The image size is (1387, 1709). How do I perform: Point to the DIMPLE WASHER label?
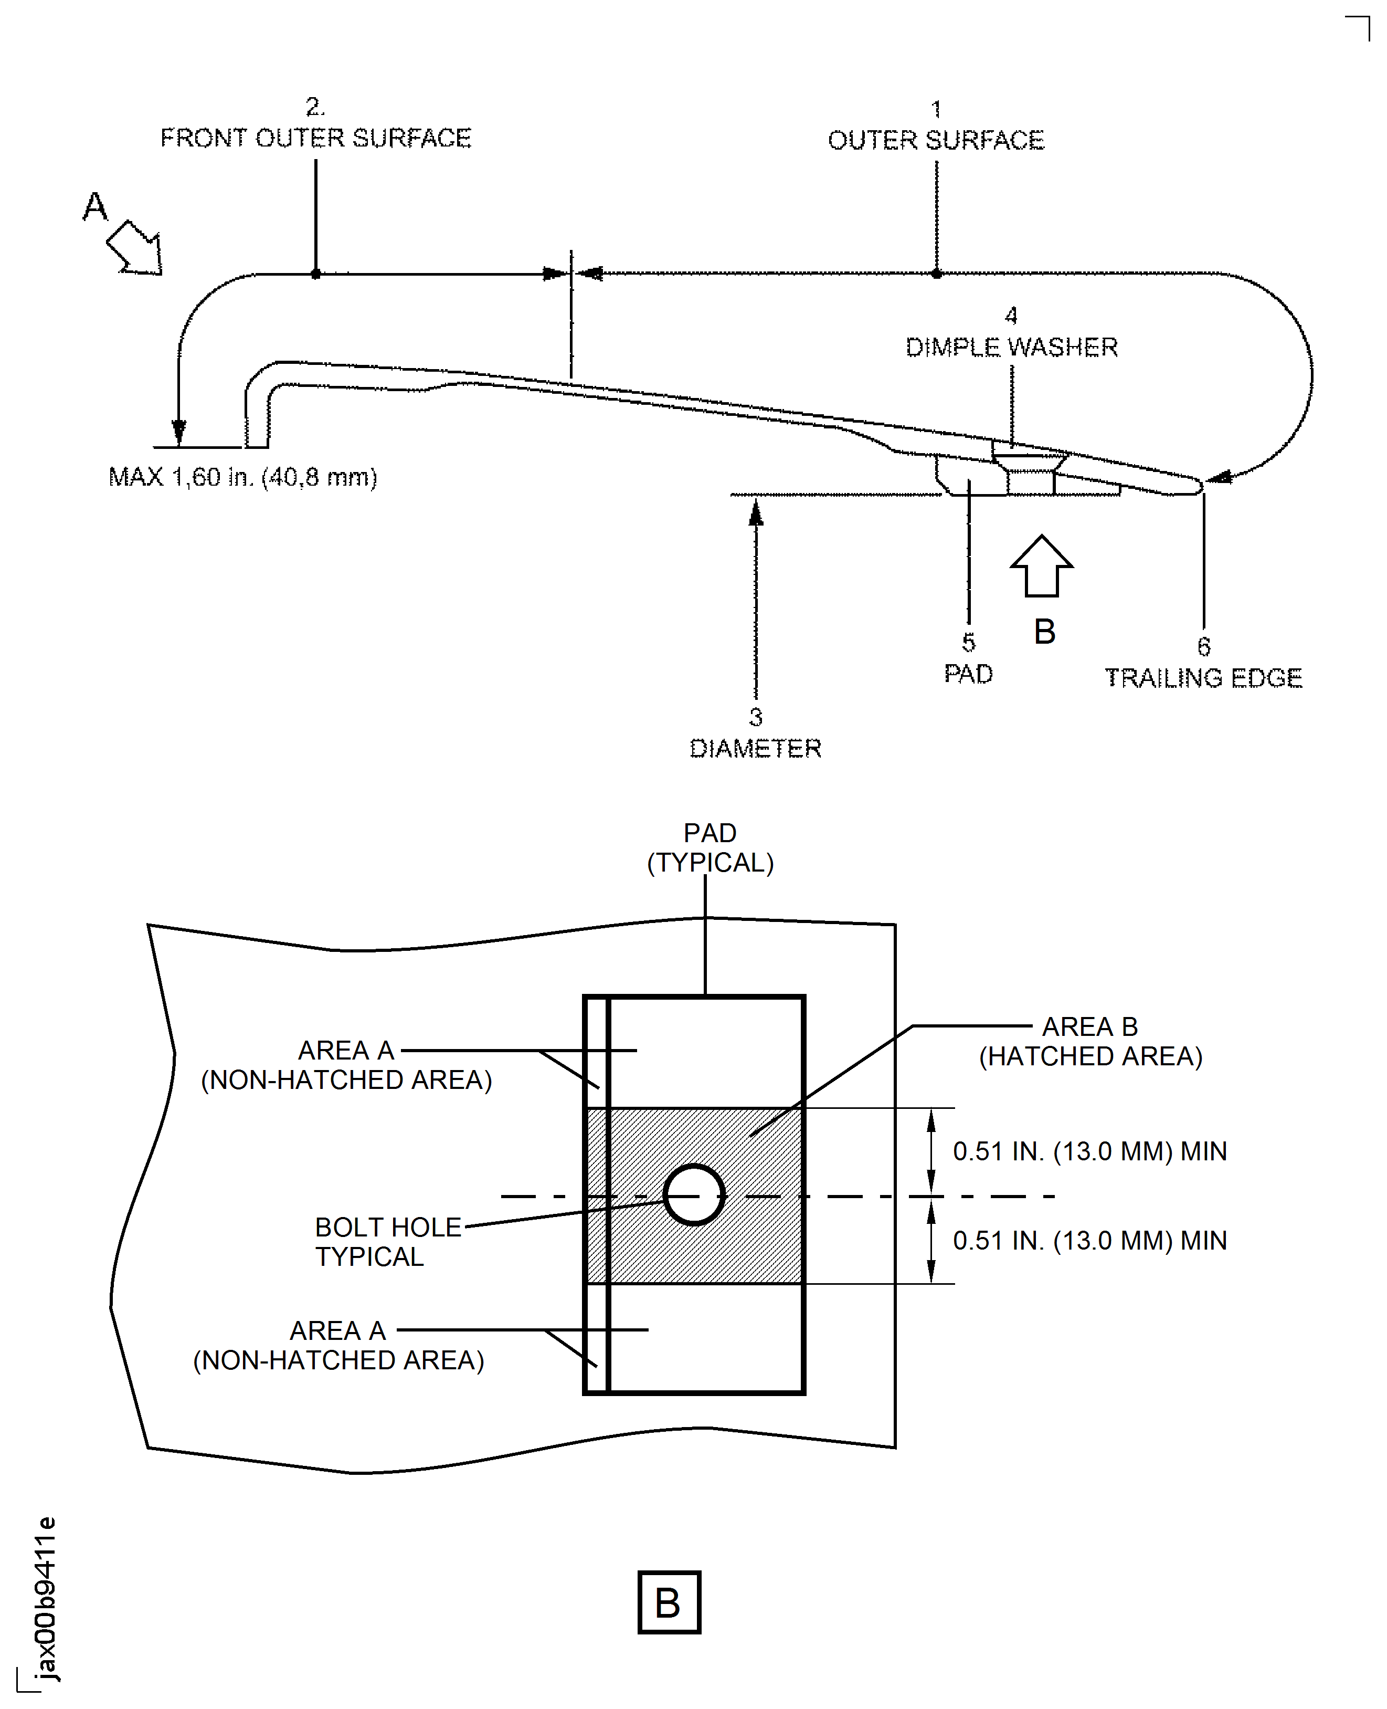click(1011, 347)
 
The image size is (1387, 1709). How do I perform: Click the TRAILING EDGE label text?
click(1203, 678)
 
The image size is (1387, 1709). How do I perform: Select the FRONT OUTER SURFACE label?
click(315, 138)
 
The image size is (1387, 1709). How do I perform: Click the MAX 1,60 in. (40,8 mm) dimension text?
click(243, 477)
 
